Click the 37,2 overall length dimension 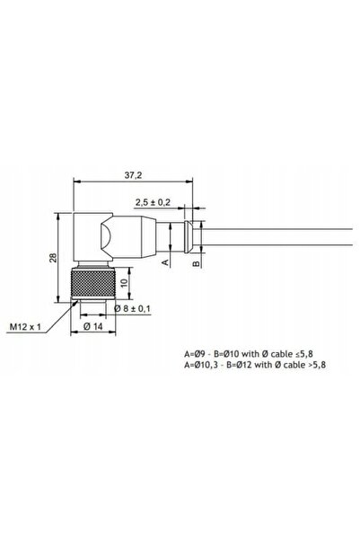click(x=133, y=175)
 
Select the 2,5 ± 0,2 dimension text click(x=153, y=202)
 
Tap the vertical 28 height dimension click(x=53, y=258)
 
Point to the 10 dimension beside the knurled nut click(x=124, y=282)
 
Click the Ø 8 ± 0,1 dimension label click(x=132, y=308)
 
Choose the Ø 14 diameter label click(x=93, y=326)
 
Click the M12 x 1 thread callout click(x=25, y=326)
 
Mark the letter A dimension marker click(x=165, y=262)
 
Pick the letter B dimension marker click(x=196, y=263)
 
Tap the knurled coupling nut click(x=93, y=283)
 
